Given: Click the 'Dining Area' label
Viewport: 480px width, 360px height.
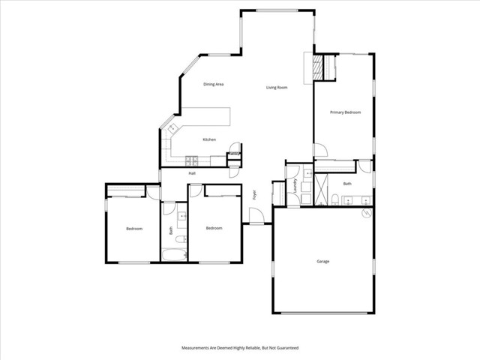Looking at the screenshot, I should (x=214, y=84).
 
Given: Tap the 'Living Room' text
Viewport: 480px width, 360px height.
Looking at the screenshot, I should (x=277, y=88).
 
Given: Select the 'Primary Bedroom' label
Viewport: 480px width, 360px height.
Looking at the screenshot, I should (x=346, y=112).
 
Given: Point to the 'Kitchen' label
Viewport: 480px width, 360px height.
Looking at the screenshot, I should (x=209, y=139).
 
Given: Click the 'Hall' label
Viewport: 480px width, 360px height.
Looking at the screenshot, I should (x=192, y=173).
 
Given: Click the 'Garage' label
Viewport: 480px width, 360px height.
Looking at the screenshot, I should (x=322, y=261).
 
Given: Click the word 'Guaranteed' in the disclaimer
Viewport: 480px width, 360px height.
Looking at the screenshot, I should (x=287, y=348).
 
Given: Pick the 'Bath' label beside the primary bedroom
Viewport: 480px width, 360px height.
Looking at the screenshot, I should (x=347, y=184).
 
